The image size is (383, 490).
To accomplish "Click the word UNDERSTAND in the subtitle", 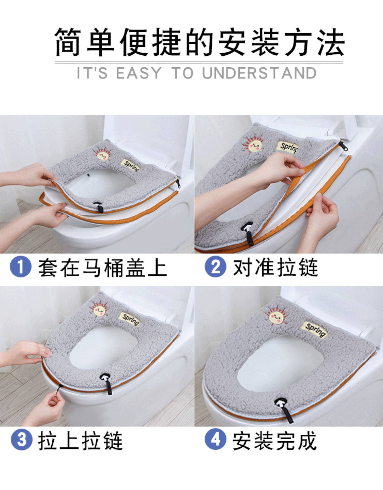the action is (259, 73).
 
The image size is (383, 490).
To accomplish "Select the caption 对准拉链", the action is (276, 267).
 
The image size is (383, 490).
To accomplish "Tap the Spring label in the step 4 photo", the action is (316, 330).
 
